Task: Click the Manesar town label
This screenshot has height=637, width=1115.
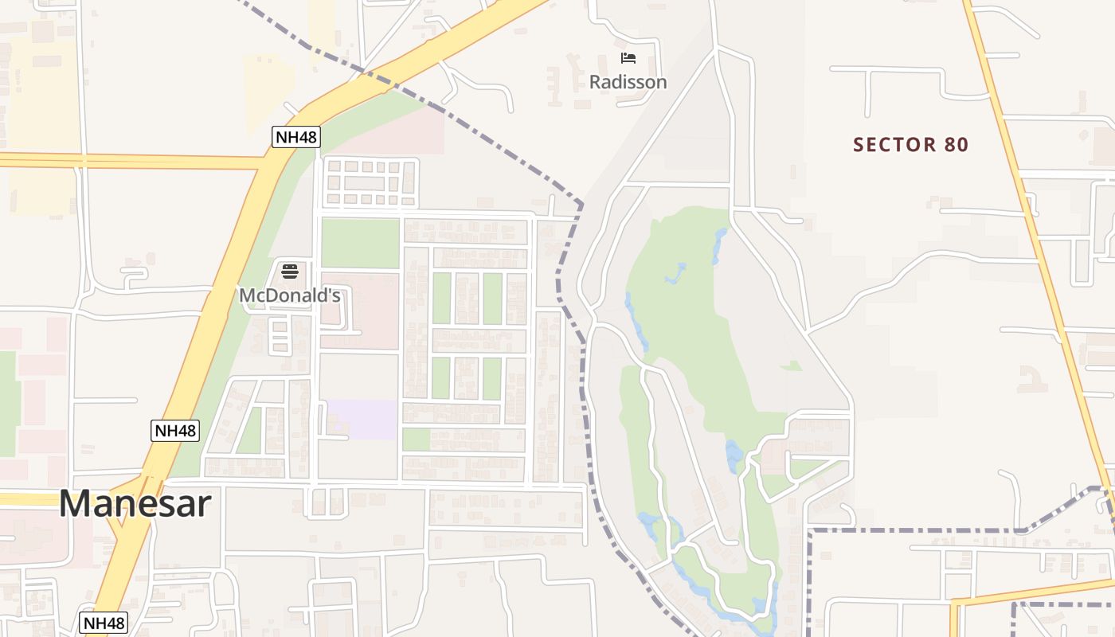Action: pyautogui.click(x=135, y=504)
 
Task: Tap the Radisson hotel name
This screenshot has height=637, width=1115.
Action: pyautogui.click(x=628, y=82)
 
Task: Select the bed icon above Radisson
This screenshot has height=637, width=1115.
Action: pyautogui.click(x=628, y=58)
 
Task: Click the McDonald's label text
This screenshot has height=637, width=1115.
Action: pyautogui.click(x=290, y=295)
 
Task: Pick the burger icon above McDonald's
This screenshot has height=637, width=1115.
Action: pyautogui.click(x=289, y=272)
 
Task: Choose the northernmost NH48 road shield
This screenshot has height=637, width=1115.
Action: pyautogui.click(x=295, y=137)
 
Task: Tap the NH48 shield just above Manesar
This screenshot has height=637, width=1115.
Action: pyautogui.click(x=174, y=431)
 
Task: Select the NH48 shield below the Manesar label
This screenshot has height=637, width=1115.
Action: pyautogui.click(x=104, y=623)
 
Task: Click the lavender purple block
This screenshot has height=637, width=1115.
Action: pyautogui.click(x=363, y=419)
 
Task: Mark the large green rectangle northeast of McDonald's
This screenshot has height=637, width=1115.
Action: pyautogui.click(x=360, y=243)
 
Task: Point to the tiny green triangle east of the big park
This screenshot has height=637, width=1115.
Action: pyautogui.click(x=792, y=365)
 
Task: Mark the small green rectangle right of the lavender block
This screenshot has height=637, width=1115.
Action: pyautogui.click(x=416, y=440)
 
